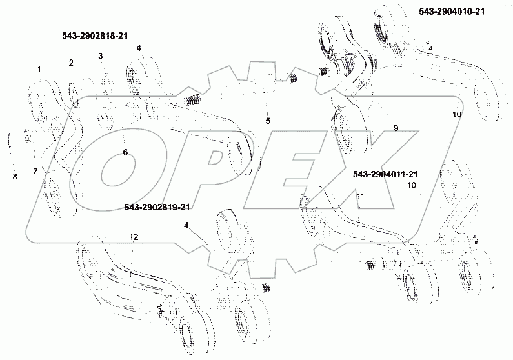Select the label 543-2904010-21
coord(450,12)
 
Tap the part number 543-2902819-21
coord(158,206)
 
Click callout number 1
coord(39,69)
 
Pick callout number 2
coord(71,63)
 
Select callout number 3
coord(101,56)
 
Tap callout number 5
coord(268,121)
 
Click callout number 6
coord(125,152)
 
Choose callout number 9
coord(396,128)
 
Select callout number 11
coord(360,195)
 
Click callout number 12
coord(133,237)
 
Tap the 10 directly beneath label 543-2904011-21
coord(411,185)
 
